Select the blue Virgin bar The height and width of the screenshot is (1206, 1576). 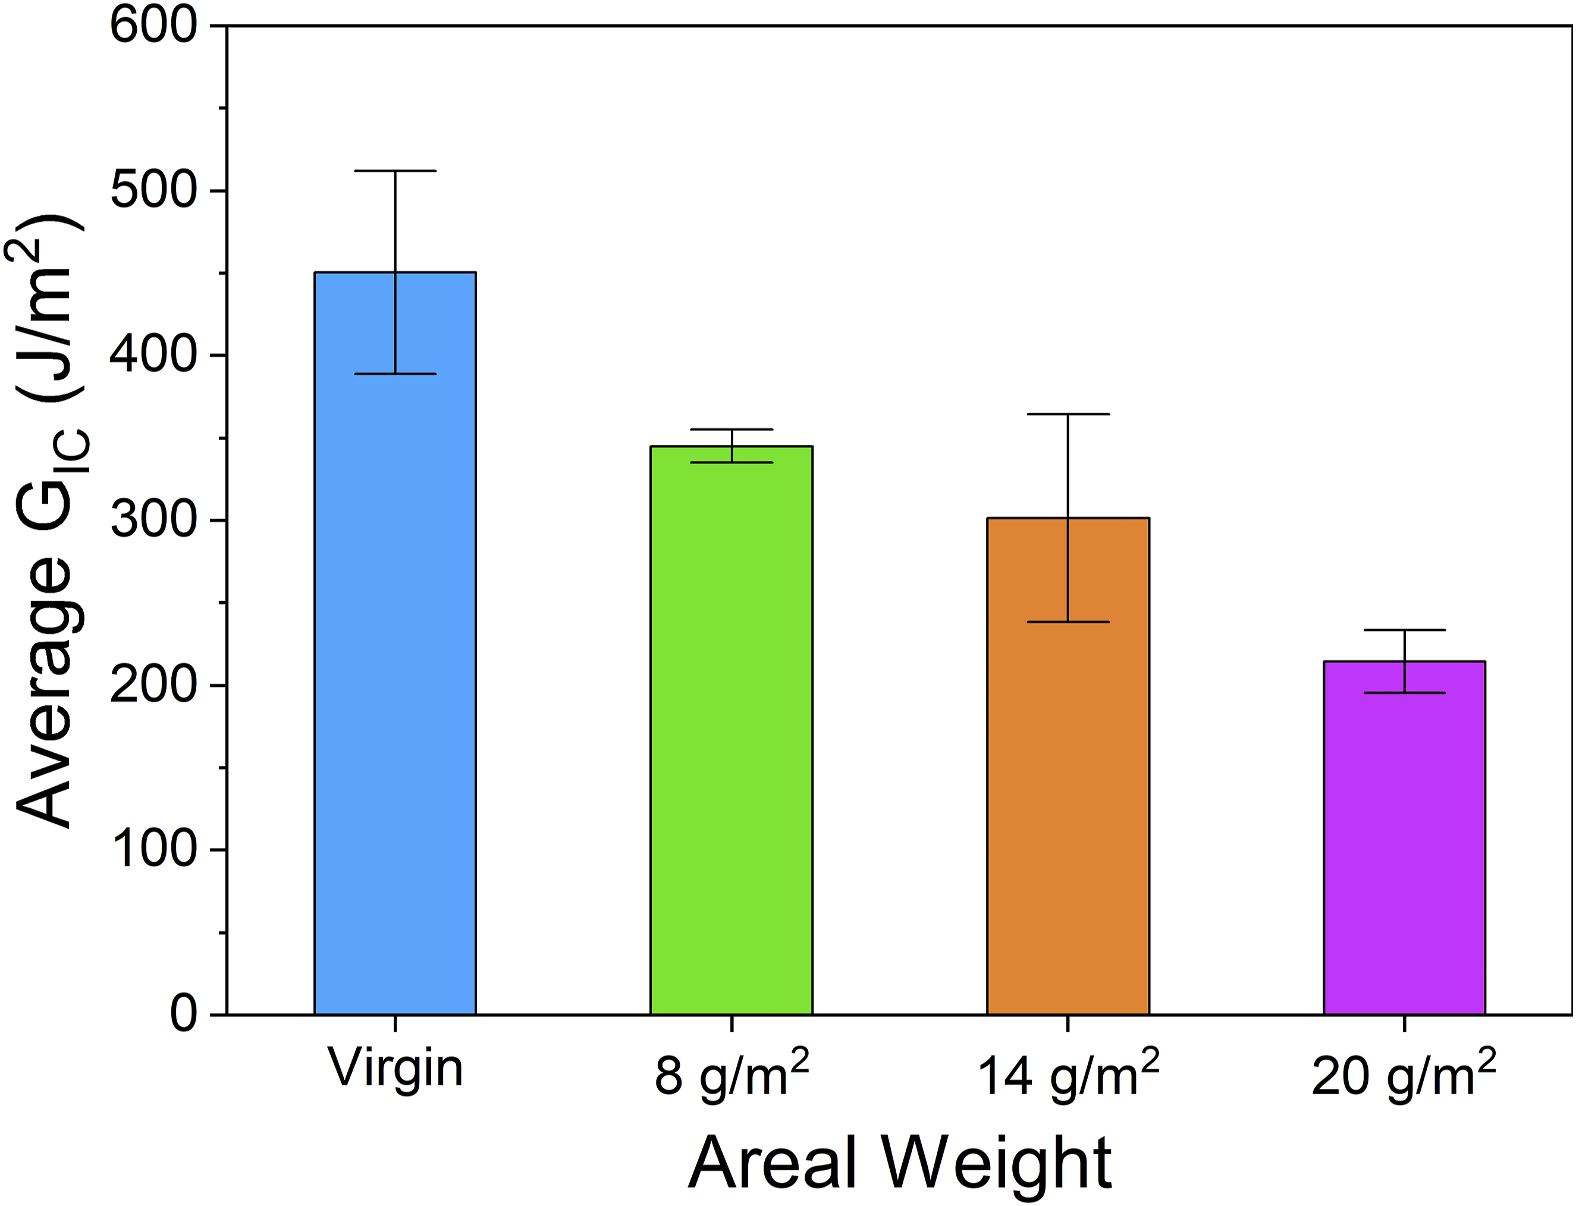tap(395, 643)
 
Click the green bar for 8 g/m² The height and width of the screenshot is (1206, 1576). tap(732, 730)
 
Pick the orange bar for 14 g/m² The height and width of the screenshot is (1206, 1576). tap(1068, 766)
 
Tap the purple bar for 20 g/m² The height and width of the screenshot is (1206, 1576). tap(1404, 838)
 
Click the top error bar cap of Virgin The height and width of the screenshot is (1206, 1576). tap(395, 171)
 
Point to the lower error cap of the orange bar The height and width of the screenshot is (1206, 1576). tap(1068, 621)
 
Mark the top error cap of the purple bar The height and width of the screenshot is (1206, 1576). tap(1404, 630)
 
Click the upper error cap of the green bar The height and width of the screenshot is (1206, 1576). tap(732, 429)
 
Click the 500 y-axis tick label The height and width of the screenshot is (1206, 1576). tap(153, 190)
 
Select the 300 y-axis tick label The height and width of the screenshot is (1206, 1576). tap(153, 520)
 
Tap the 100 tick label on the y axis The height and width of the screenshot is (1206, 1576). tap(153, 850)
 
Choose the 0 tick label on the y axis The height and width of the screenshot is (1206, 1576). tap(183, 1015)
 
